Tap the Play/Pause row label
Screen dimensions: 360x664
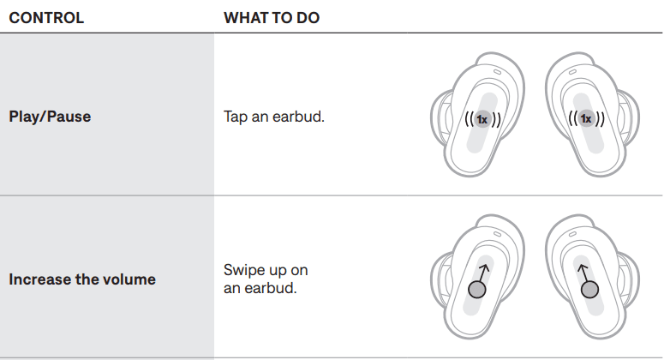50,117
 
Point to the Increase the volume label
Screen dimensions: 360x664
82,279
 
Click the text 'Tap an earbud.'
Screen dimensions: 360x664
273,117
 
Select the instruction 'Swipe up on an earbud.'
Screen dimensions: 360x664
266,279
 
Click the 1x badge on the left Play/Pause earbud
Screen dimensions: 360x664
482,119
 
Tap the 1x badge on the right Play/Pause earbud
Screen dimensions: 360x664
586,119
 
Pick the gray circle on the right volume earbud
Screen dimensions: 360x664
589,290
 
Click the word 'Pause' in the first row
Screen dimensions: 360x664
70,117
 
